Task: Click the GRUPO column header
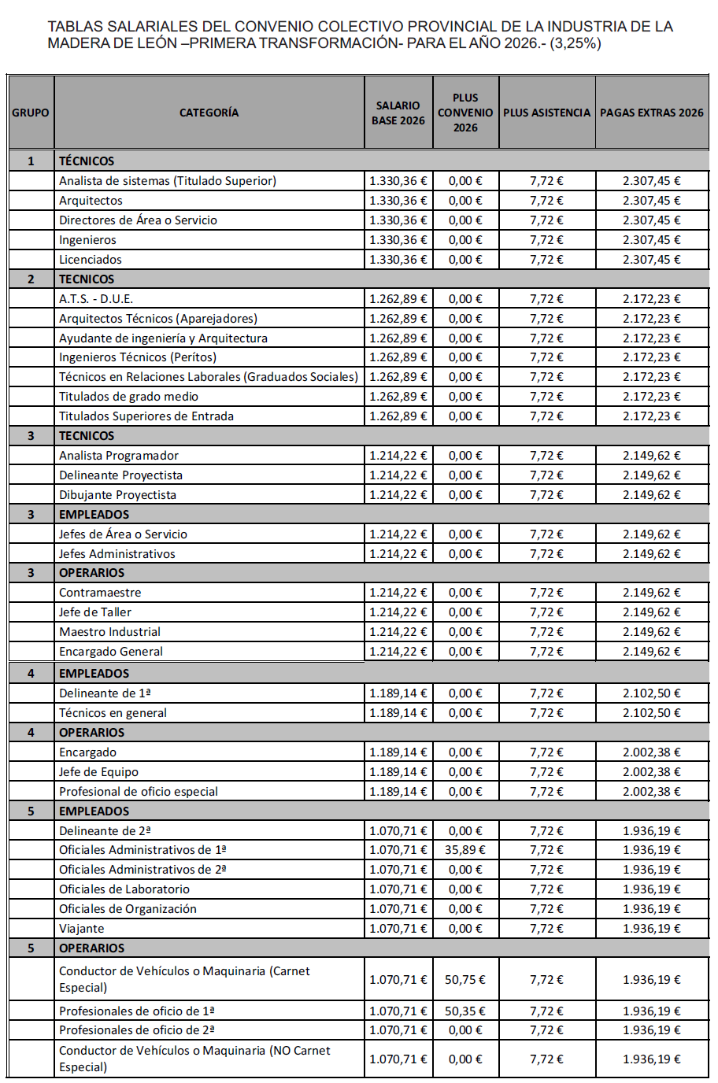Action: [x=31, y=113]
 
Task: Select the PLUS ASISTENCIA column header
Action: [x=546, y=113]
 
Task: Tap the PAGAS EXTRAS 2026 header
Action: [x=652, y=113]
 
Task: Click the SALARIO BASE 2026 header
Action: [x=398, y=113]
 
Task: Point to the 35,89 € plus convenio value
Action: [x=465, y=850]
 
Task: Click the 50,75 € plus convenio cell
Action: [x=465, y=980]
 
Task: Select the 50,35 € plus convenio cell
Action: [x=465, y=1011]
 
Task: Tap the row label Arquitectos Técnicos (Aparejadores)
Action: [x=158, y=319]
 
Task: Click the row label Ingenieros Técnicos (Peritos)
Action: [x=138, y=357]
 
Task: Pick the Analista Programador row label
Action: [x=119, y=456]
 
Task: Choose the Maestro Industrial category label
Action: [x=109, y=632]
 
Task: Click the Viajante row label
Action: [x=82, y=929]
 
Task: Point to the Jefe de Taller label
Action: [x=95, y=612]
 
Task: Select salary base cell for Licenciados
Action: [x=398, y=260]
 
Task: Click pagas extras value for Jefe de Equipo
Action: [x=652, y=772]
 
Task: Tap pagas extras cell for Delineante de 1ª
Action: [x=652, y=693]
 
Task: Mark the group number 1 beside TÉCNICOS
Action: [x=31, y=161]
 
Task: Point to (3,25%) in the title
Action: [x=576, y=43]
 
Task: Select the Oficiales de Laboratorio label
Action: [x=124, y=889]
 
